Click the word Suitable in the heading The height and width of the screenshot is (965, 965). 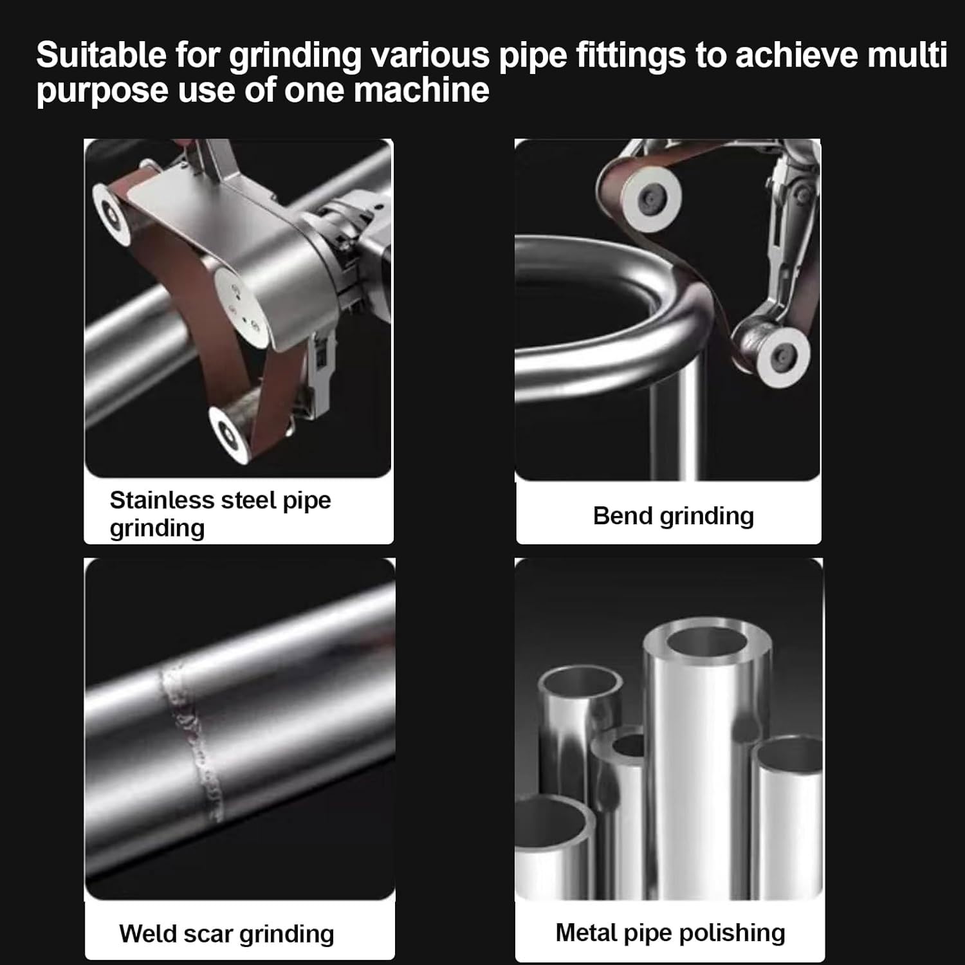(x=101, y=55)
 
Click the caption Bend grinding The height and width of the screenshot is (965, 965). (x=673, y=516)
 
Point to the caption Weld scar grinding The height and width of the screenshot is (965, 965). (x=226, y=933)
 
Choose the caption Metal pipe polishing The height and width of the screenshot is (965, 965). (x=670, y=933)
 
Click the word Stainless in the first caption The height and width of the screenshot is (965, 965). (x=162, y=500)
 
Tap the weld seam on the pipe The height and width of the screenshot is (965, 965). (x=190, y=740)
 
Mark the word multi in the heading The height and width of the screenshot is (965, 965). (x=907, y=55)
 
